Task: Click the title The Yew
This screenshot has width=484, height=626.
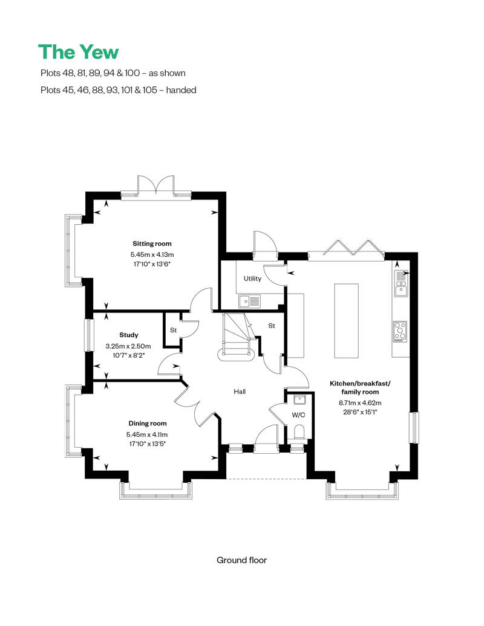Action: (x=78, y=52)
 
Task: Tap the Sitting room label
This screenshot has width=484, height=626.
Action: (x=148, y=244)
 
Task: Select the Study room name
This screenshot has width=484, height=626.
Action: (x=129, y=335)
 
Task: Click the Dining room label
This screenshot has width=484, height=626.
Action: (x=147, y=424)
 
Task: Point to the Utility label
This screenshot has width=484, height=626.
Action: (x=252, y=279)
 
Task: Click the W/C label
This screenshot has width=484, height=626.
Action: (x=298, y=415)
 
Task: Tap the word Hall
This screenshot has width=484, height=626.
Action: (x=240, y=392)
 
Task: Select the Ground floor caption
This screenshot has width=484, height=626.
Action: (x=241, y=560)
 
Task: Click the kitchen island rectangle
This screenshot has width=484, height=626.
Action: (x=345, y=320)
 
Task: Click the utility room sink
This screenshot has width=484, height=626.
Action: (x=249, y=300)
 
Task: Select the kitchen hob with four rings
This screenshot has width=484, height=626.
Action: (x=400, y=331)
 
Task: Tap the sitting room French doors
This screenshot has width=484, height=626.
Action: (x=156, y=184)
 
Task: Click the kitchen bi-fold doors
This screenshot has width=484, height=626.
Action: (x=348, y=248)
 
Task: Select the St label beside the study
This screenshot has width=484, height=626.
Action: (x=172, y=331)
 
